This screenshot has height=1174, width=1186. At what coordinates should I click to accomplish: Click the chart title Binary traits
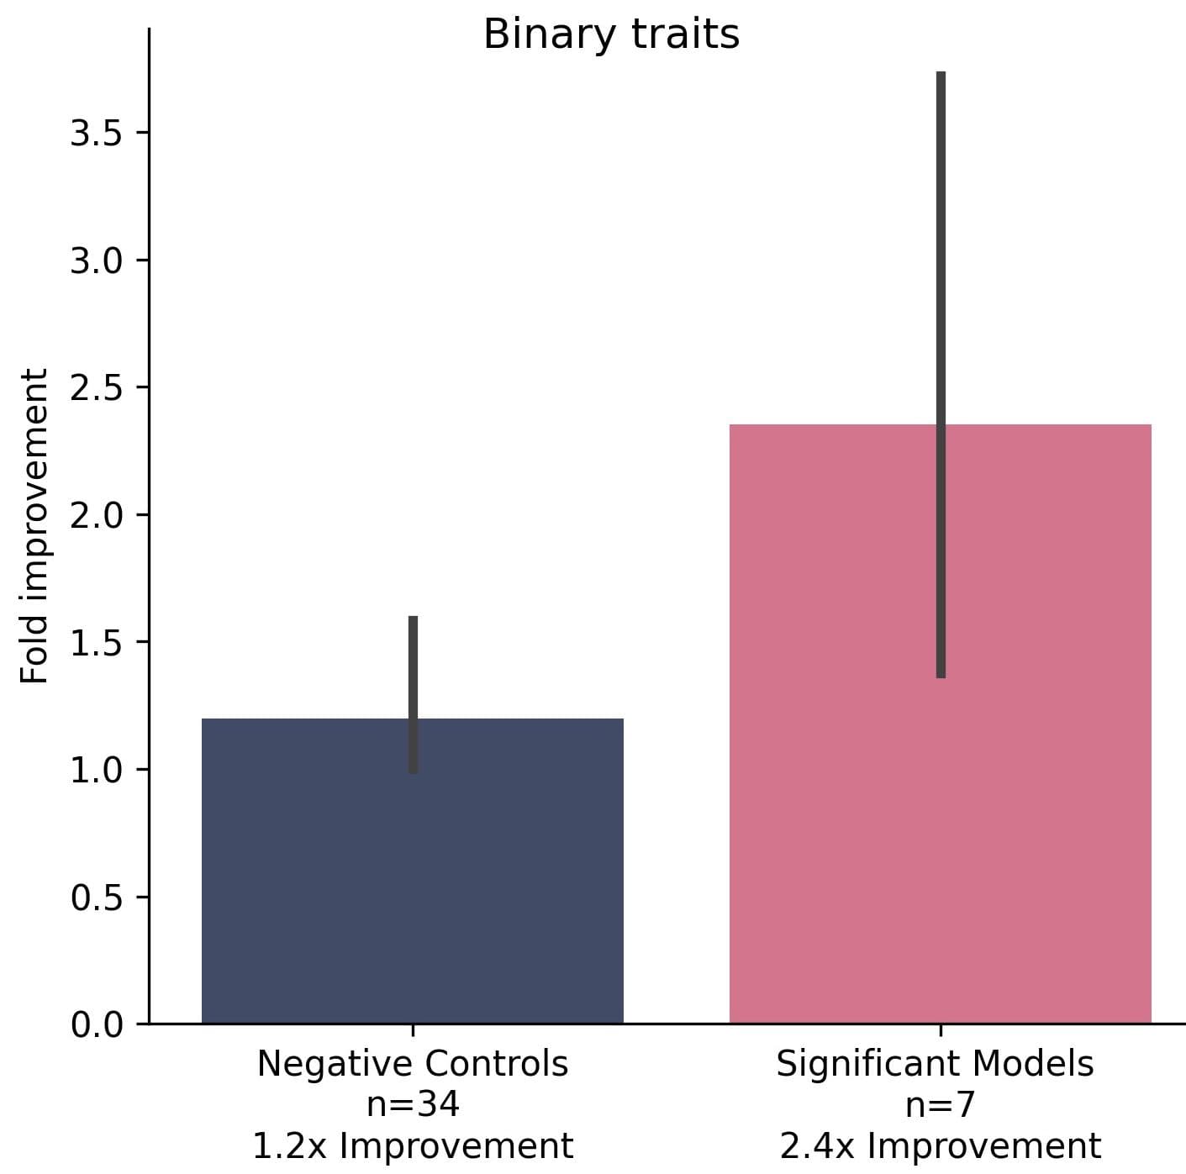click(x=611, y=34)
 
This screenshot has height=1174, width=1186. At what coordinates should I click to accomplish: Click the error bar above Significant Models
click(x=941, y=252)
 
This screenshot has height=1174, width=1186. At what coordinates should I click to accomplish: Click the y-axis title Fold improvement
click(x=34, y=526)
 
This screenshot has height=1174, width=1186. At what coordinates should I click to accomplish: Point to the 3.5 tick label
click(x=97, y=134)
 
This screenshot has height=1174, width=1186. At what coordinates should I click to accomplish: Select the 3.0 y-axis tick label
click(x=97, y=261)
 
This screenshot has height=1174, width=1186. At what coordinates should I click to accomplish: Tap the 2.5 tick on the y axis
click(x=97, y=388)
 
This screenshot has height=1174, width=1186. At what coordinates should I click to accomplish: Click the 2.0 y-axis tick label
click(x=97, y=515)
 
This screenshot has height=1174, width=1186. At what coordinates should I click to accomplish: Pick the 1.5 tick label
click(x=97, y=643)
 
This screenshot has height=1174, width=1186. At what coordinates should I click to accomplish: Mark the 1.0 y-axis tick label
click(x=97, y=770)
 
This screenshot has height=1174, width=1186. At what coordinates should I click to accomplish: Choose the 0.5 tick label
click(x=97, y=898)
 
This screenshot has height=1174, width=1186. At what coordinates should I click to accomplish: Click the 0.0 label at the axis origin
click(x=97, y=1024)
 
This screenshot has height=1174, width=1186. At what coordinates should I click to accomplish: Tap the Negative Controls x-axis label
click(x=413, y=1064)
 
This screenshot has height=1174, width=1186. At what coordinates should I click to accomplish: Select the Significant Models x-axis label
click(x=935, y=1064)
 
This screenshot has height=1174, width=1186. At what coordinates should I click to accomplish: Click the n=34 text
click(x=413, y=1104)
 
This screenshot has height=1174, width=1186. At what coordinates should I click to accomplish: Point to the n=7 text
click(x=940, y=1104)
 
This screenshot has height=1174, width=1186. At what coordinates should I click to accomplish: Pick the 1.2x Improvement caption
click(x=413, y=1145)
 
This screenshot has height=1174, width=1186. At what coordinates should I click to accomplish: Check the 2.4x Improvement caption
click(x=940, y=1145)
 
